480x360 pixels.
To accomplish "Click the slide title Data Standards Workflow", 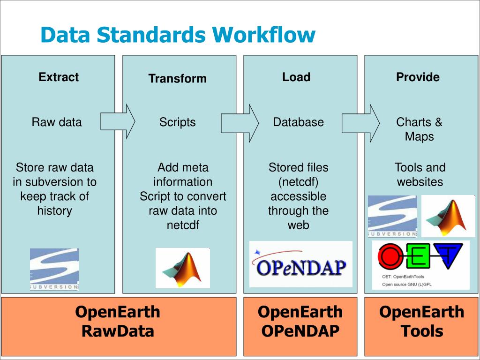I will [178, 35].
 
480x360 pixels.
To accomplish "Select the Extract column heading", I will [59, 77].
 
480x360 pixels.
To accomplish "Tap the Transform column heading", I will [177, 79].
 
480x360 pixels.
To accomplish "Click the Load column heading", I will [296, 77].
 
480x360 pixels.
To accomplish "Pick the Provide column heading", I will [418, 77].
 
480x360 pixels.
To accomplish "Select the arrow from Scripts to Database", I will [240, 123].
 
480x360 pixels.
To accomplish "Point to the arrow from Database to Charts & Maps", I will [360, 123].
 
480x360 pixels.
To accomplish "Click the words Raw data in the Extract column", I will [57, 122].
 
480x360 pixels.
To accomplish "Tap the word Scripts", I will [177, 122].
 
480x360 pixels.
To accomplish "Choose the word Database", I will [298, 122].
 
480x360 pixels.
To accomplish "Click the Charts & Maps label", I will [419, 129].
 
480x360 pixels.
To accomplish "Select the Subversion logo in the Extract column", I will [54, 269].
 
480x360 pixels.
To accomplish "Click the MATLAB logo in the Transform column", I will [183, 268].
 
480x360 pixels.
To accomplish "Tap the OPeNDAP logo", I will [301, 264].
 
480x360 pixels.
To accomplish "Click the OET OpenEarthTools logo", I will [420, 265].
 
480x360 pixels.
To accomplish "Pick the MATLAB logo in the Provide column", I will [448, 216].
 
